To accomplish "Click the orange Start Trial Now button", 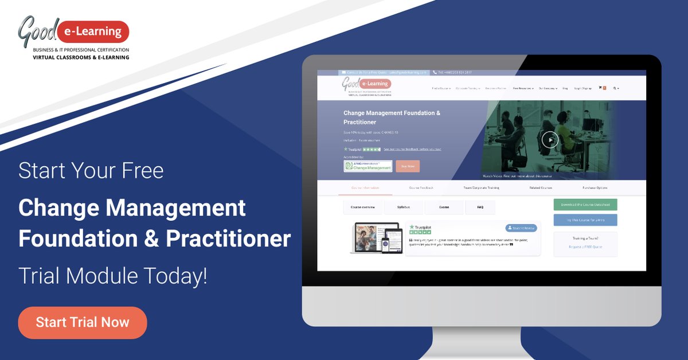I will [83, 323].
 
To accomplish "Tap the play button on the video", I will [550, 139].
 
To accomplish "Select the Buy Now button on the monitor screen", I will [408, 166].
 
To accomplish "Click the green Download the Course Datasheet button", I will [585, 205].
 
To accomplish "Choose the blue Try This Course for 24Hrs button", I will [585, 220].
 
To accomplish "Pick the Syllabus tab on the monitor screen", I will [404, 207].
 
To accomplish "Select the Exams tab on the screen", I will [444, 207].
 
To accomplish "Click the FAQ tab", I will [480, 207].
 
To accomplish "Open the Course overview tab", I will [363, 207].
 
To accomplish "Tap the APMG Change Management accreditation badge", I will [368, 166].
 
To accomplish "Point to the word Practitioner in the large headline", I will [228, 239].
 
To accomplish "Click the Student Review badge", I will [521, 228].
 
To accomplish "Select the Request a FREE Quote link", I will [585, 246].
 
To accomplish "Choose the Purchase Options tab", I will [595, 188].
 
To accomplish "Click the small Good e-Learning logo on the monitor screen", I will [367, 87].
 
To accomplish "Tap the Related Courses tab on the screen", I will [541, 188].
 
